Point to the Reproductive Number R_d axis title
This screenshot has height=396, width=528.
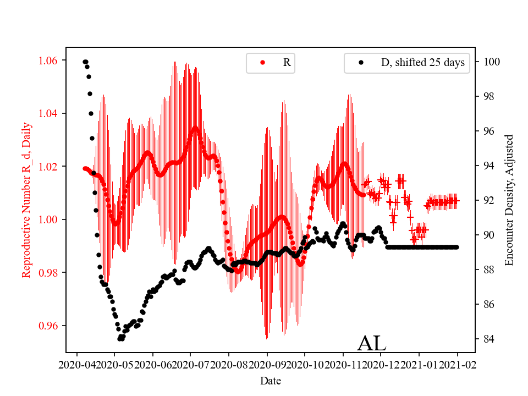(x=26, y=200)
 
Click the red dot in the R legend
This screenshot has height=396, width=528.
(x=262, y=63)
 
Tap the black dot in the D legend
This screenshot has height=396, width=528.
(x=361, y=63)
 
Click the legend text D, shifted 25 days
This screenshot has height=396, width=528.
(x=422, y=63)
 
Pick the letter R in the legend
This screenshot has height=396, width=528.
(x=287, y=63)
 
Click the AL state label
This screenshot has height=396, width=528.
(x=372, y=343)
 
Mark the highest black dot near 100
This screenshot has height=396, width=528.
(x=85, y=62)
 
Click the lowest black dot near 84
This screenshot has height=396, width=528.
(x=120, y=339)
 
